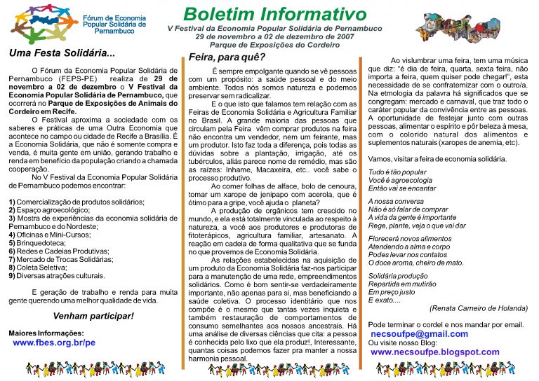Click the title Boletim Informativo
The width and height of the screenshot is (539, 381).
pyautogui.click(x=275, y=14)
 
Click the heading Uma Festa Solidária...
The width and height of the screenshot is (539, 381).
pyautogui.click(x=62, y=53)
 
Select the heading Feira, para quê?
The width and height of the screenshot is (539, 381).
pyautogui.click(x=227, y=57)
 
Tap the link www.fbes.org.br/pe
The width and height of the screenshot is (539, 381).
pyautogui.click(x=54, y=343)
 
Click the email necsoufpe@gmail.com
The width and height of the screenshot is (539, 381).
pyautogui.click(x=418, y=334)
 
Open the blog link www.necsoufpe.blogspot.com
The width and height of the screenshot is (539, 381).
pyautogui.click(x=435, y=352)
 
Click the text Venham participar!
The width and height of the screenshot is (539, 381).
pyautogui.click(x=93, y=316)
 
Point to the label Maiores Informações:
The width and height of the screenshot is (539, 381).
pyautogui.click(x=46, y=333)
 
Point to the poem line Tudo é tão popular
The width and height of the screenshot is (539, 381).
pyautogui.click(x=397, y=172)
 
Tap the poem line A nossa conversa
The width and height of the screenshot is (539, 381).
pyautogui.click(x=397, y=201)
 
